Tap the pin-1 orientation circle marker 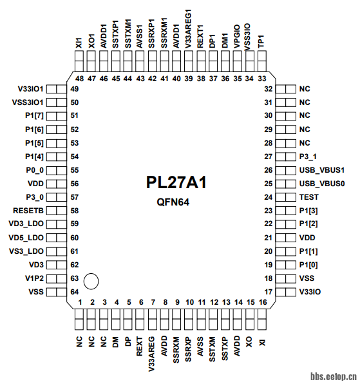tap(91, 281)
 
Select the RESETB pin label tap(28, 210)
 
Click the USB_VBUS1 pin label tap(323, 170)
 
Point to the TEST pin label tap(310, 197)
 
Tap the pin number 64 tap(75, 292)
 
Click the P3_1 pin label tap(310, 157)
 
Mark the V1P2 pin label tap(33, 278)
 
